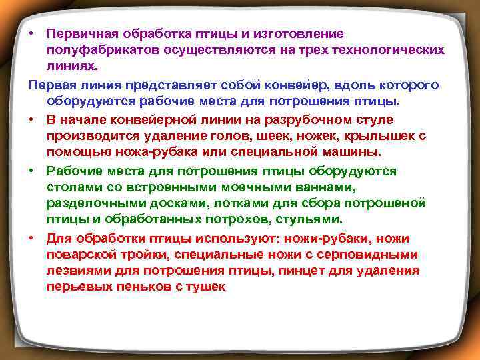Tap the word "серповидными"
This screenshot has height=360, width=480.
point(374,254)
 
